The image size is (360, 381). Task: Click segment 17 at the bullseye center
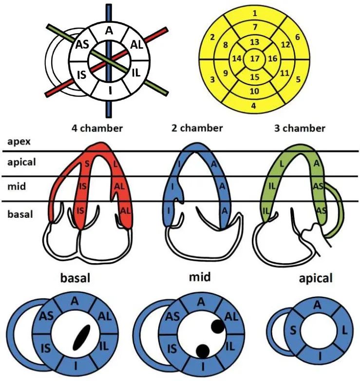click(x=254, y=59)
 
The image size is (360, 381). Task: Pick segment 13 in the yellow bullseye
click(x=254, y=42)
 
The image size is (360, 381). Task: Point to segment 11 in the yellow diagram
click(x=285, y=73)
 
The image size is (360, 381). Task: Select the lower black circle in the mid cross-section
click(x=202, y=350)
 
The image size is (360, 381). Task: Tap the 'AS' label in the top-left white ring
click(x=80, y=45)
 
